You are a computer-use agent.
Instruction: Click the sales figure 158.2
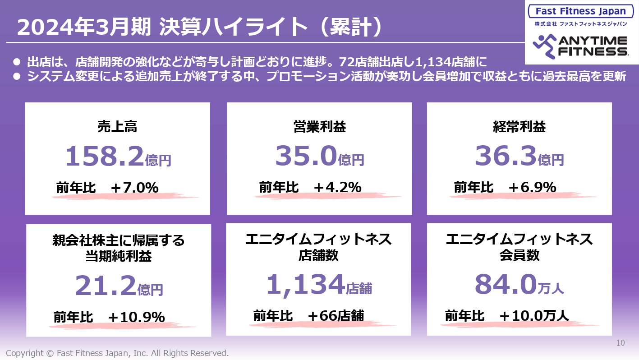[x=105, y=157]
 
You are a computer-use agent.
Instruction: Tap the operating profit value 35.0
[x=306, y=157]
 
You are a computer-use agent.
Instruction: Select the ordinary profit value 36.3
[x=506, y=157]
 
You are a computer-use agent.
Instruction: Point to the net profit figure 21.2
[x=105, y=286]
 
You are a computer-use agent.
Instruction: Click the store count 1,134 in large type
[x=305, y=285]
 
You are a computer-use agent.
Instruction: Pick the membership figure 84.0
[x=505, y=285]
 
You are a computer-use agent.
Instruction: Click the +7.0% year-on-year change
[x=134, y=187]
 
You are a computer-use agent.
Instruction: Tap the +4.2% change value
[x=337, y=187]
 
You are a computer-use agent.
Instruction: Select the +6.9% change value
[x=532, y=187]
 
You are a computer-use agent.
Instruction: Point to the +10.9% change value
[x=137, y=317]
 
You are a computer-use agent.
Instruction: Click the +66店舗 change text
[x=336, y=316]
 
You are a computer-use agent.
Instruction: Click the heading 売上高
[x=117, y=127]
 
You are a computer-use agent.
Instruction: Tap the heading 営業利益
[x=319, y=127]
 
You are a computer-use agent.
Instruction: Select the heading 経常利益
[x=519, y=127]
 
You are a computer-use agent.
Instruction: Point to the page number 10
[x=621, y=343]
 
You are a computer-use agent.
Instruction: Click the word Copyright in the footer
[x=25, y=353]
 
